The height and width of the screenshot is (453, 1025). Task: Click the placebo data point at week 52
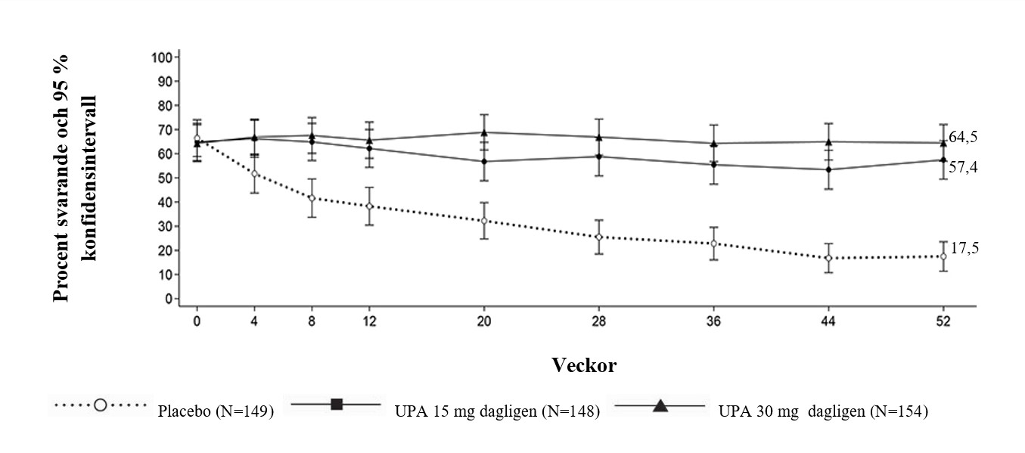(943, 256)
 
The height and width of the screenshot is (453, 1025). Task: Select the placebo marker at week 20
(484, 221)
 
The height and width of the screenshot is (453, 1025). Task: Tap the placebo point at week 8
(312, 198)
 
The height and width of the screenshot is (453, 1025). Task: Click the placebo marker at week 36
(713, 244)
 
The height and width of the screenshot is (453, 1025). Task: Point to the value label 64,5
(964, 137)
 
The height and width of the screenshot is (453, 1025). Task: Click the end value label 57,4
(964, 167)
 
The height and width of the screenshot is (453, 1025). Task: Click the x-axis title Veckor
(584, 366)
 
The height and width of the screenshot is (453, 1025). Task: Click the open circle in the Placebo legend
(100, 405)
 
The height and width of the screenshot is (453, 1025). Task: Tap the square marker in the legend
(337, 405)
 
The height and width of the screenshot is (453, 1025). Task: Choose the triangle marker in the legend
(660, 406)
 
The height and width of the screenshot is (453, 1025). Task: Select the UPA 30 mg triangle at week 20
(484, 132)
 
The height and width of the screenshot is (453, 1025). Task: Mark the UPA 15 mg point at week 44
(828, 169)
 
